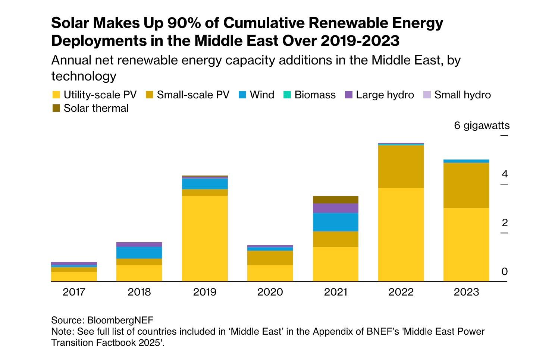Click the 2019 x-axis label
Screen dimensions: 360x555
click(x=205, y=292)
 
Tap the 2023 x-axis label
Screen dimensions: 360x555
click(x=466, y=292)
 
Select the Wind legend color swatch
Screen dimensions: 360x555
click(x=242, y=95)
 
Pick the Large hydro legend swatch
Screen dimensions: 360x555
click(x=349, y=95)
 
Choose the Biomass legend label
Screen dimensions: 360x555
click(x=315, y=95)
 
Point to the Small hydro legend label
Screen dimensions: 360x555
click(x=462, y=95)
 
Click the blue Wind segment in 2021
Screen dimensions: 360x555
click(x=336, y=222)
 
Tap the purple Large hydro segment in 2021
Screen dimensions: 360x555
click(x=336, y=208)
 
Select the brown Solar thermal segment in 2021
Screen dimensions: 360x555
click(x=336, y=200)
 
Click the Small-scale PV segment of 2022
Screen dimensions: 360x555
click(x=401, y=166)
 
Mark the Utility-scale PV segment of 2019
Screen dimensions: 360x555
click(x=205, y=239)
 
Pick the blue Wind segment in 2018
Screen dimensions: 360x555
click(x=139, y=253)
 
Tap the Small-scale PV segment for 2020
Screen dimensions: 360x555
click(x=270, y=258)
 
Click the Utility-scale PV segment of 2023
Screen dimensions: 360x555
click(x=466, y=244)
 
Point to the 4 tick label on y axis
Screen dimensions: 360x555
click(x=505, y=174)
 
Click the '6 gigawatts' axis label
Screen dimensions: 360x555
click(x=482, y=126)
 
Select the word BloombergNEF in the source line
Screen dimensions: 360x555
click(x=120, y=320)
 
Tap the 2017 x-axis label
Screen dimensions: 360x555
click(x=74, y=292)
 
